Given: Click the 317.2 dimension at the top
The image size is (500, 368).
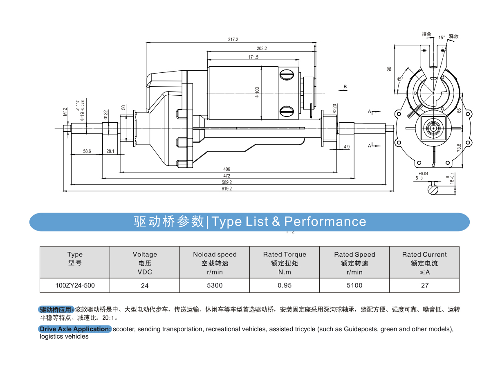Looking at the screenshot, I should pyautogui.click(x=233, y=40).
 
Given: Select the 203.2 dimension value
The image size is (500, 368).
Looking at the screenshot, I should pyautogui.click(x=262, y=48).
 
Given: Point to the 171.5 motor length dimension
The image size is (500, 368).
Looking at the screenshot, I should pyautogui.click(x=253, y=57).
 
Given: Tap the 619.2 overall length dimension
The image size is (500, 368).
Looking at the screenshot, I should pyautogui.click(x=227, y=188).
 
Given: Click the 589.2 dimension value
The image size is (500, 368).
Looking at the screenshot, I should pyautogui.click(x=227, y=182).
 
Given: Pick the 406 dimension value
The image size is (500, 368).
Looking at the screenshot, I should pyautogui.click(x=227, y=169).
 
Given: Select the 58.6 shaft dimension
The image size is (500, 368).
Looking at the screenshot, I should pyautogui.click(x=87, y=151).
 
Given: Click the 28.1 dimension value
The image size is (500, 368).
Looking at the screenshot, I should pyautogui.click(x=110, y=151).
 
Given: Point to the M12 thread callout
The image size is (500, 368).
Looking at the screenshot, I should pyautogui.click(x=65, y=112).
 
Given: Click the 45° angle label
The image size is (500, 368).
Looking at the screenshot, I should pyautogui.click(x=400, y=79).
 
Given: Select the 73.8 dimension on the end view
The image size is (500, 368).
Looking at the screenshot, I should pyautogui.click(x=459, y=148).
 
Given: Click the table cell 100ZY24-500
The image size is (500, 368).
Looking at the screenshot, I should pyautogui.click(x=75, y=285).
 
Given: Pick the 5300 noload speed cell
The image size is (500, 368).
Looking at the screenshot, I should pyautogui.click(x=215, y=285).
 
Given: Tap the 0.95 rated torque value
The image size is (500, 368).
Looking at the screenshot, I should pyautogui.click(x=285, y=285).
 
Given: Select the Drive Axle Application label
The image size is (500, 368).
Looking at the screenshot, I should pyautogui.click(x=75, y=329).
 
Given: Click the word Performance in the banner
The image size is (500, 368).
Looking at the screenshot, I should pyautogui.click(x=325, y=222).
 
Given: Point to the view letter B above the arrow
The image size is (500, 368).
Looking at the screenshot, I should pyautogui.click(x=345, y=86).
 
